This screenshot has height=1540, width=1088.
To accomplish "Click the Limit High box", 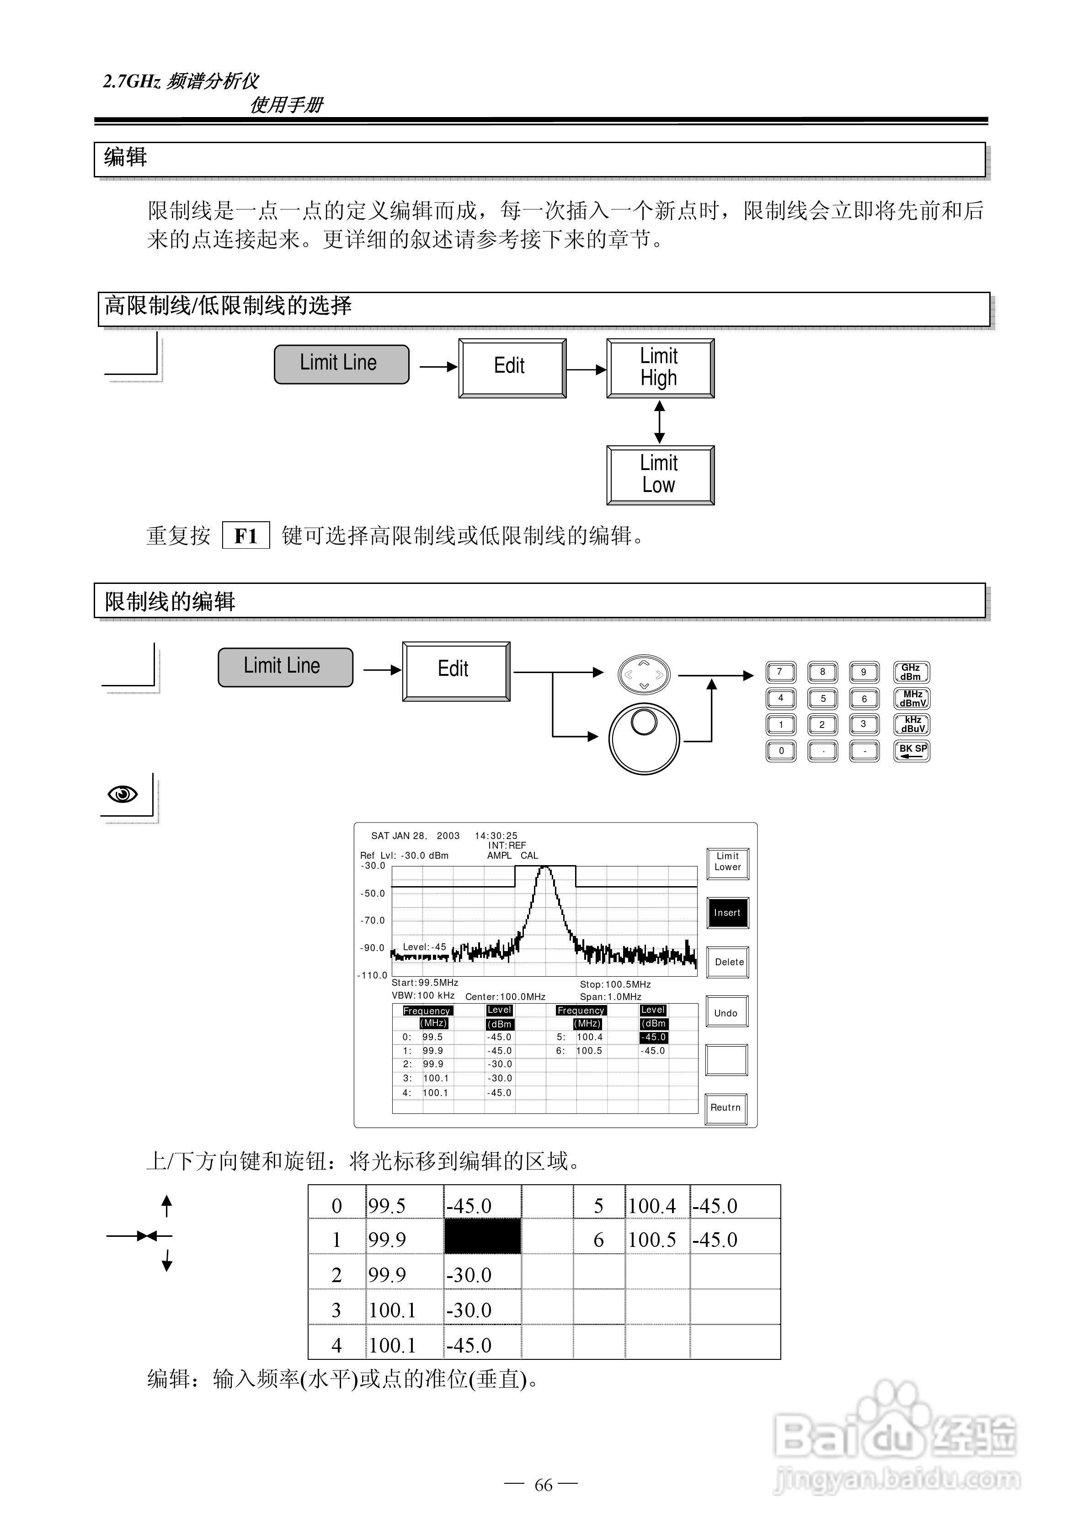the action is click(x=660, y=368).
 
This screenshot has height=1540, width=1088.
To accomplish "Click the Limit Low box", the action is click(x=660, y=475).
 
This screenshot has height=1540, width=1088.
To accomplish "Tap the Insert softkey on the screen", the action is click(x=727, y=913).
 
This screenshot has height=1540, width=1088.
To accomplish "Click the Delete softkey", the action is click(x=729, y=962).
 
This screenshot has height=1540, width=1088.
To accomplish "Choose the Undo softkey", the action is click(x=726, y=1013).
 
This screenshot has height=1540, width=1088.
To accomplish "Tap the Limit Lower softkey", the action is click(x=727, y=862).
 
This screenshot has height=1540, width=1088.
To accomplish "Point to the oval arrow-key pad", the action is click(x=643, y=674).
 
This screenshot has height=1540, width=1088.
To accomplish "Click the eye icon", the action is click(x=123, y=795).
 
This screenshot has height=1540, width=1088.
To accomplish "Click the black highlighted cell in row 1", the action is click(x=482, y=1236).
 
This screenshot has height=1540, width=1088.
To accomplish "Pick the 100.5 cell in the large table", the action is click(x=652, y=1240).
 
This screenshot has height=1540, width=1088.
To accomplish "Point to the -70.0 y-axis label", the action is click(x=373, y=920).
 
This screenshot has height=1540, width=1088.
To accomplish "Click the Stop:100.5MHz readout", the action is click(x=615, y=984).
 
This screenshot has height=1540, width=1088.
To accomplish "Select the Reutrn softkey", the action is click(x=726, y=1107).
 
